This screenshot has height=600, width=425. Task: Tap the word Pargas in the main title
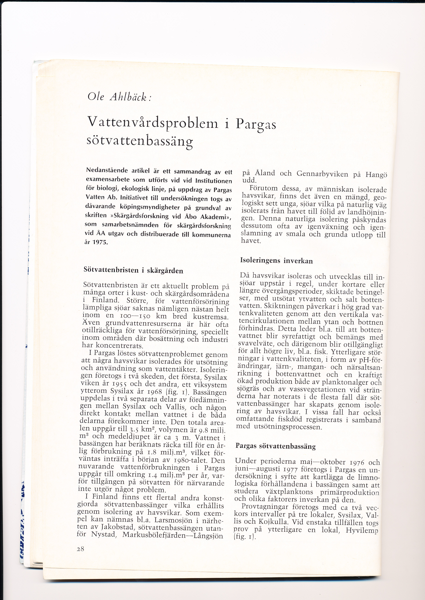256,124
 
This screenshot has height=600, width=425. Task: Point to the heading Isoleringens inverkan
276,261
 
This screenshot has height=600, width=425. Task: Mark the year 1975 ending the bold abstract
100,242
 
